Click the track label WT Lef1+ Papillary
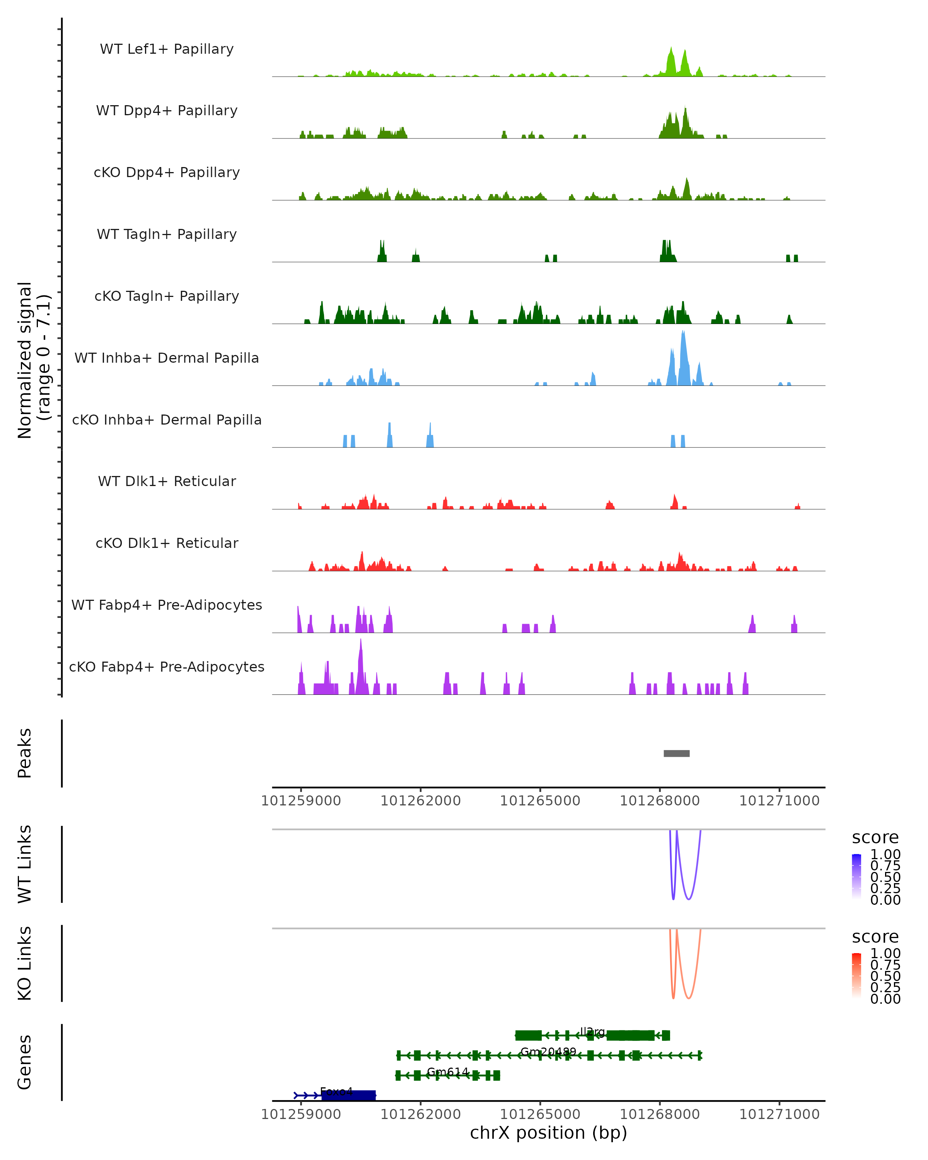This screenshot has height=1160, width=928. (x=167, y=49)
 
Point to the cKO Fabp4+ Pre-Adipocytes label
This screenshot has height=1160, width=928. (x=167, y=667)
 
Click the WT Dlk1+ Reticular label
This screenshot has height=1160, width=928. (x=167, y=481)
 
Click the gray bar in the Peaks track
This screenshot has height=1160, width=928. (x=676, y=753)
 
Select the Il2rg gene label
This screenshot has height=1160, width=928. (x=592, y=1031)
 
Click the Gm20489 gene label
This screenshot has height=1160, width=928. (x=548, y=1051)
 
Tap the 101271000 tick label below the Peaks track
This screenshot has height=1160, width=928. (x=779, y=801)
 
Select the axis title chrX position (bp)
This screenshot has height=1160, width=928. (x=548, y=1133)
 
